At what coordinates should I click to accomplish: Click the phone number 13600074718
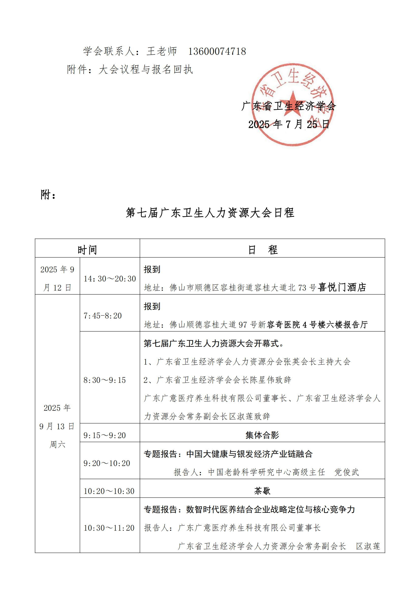pyautogui.click(x=217, y=51)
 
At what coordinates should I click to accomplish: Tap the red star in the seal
pyautogui.click(x=293, y=101)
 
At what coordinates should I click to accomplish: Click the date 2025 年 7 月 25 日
pyautogui.click(x=289, y=124)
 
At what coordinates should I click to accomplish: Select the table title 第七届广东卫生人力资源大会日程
pyautogui.click(x=210, y=213)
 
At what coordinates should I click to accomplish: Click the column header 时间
pyautogui.click(x=87, y=250)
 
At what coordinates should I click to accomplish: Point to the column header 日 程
pyautogui.click(x=262, y=250)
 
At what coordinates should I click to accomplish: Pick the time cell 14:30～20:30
pyautogui.click(x=110, y=279)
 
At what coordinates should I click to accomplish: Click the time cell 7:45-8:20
pyautogui.click(x=103, y=316)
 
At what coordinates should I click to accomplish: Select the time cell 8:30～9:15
pyautogui.click(x=104, y=380)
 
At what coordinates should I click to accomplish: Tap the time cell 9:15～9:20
pyautogui.click(x=104, y=435)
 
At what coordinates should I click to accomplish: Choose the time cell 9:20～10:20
pyautogui.click(x=107, y=463)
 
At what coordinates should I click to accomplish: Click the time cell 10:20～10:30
pyautogui.click(x=109, y=491)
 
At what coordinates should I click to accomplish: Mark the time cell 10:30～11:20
pyautogui.click(x=109, y=528)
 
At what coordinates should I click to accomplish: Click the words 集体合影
pyautogui.click(x=262, y=435)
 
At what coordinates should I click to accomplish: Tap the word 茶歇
pyautogui.click(x=262, y=491)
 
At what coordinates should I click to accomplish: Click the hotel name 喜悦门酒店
pyautogui.click(x=342, y=287)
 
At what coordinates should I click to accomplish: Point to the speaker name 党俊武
pyautogui.click(x=347, y=472)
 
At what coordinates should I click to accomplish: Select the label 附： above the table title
pyautogui.click(x=48, y=194)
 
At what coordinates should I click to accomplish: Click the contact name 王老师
pyautogui.click(x=162, y=51)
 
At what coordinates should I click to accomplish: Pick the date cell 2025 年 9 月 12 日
pyautogui.click(x=57, y=278)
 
